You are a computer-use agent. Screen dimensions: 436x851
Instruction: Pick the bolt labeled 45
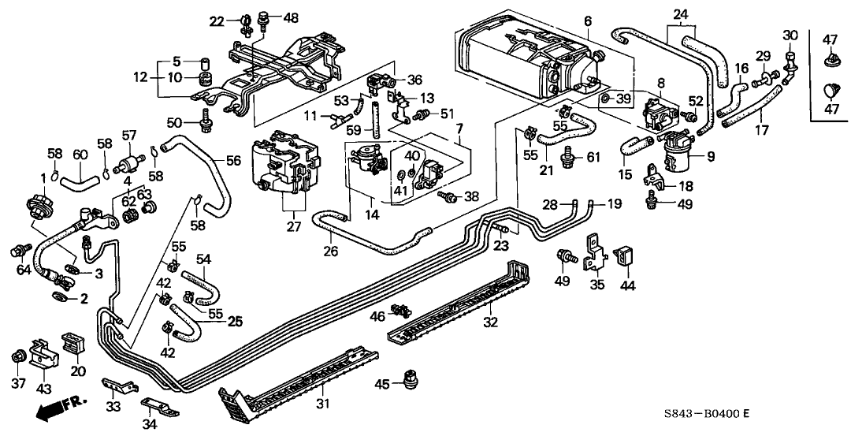(x=409, y=379)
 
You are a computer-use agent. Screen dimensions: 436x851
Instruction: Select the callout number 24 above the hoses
(x=681, y=13)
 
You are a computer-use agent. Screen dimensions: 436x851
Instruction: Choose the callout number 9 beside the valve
(x=710, y=157)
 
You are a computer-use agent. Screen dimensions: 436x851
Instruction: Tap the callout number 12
(x=140, y=77)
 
